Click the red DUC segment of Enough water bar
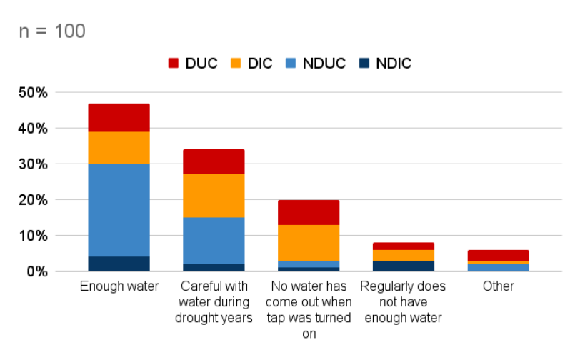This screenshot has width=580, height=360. pos(119,118)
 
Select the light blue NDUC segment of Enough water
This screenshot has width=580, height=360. pos(119,210)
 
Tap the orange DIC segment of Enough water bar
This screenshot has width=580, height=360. pos(119,148)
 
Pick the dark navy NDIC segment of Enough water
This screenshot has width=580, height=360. pos(119,264)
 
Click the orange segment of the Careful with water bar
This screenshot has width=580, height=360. pos(214,196)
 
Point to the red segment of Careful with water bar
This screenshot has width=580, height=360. pos(214,162)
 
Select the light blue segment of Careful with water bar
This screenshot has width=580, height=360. pos(214,241)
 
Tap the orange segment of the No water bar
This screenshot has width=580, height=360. pos(309,243)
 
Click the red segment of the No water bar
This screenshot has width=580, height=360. pos(309,212)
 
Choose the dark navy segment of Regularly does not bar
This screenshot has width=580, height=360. pos(404,266)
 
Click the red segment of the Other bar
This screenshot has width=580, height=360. pos(499,255)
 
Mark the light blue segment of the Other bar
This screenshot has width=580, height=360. pos(499,267)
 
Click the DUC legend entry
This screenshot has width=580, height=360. pos(191,64)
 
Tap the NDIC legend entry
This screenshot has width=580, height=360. pos(385,64)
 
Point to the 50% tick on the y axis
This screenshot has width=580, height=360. pos(32,93)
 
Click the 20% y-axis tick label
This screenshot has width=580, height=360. pos(32,200)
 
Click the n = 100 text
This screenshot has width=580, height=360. pos(51,31)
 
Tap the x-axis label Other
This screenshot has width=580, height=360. pos(499,286)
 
